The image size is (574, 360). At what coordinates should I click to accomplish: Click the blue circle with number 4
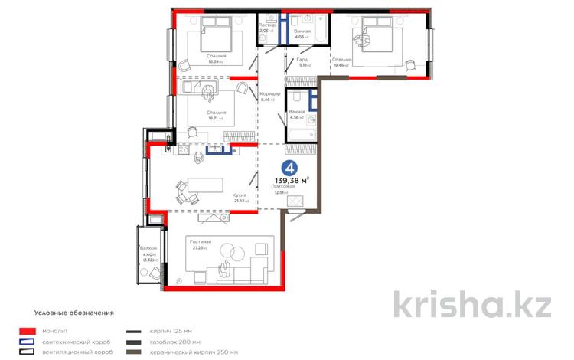290,168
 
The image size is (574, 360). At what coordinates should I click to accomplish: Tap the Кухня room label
240,195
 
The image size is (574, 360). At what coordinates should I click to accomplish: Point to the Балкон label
148,249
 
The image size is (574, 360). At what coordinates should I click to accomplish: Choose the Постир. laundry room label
266,25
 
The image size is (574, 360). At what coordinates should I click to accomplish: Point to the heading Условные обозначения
74,313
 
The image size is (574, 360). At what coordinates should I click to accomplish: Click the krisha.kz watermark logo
472,304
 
